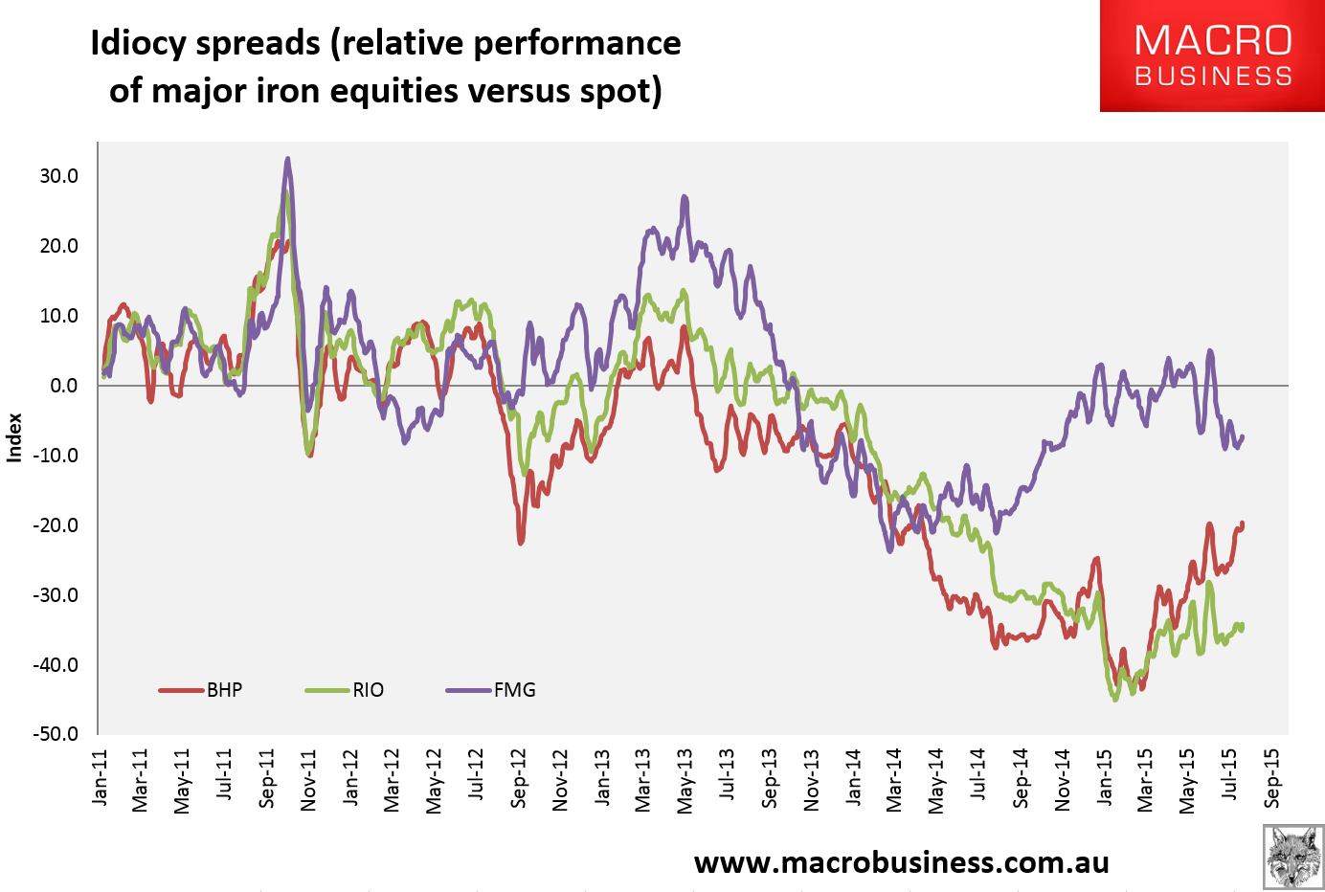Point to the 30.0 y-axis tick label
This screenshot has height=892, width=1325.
click(58, 176)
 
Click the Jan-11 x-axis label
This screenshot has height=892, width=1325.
click(101, 778)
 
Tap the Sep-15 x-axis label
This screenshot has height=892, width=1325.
click(1272, 778)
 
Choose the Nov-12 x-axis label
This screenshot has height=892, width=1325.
click(561, 778)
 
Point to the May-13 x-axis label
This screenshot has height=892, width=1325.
click(686, 778)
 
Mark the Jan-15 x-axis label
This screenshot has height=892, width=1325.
click(1105, 778)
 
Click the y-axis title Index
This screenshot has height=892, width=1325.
click(14, 437)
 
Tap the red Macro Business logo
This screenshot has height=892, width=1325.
click(1212, 56)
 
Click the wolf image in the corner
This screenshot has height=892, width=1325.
click(1293, 857)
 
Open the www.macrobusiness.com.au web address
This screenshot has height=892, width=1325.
click(901, 862)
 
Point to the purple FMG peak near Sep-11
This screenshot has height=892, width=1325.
click(287, 160)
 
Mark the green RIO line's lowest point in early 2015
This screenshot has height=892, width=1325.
click(1114, 700)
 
